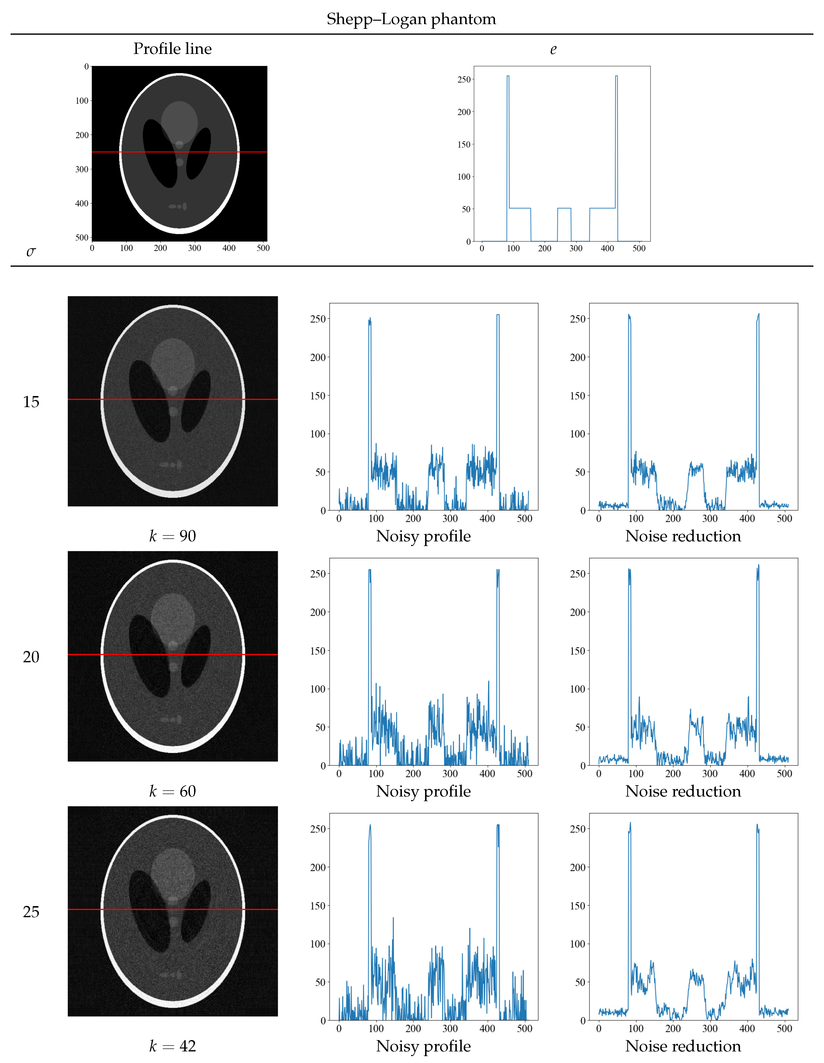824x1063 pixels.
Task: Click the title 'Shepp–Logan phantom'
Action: coord(411,19)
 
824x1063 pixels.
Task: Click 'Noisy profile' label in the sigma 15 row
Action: coord(423,536)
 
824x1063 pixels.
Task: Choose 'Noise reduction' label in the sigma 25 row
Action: coord(683,1046)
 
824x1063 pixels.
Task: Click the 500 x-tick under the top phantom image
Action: coord(263,248)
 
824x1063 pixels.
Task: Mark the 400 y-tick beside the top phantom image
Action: coord(82,203)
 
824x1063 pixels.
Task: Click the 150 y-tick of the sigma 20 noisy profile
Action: coord(318,651)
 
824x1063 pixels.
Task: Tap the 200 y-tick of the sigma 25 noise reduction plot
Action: coord(578,867)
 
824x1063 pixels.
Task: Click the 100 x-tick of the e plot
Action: coord(513,249)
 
